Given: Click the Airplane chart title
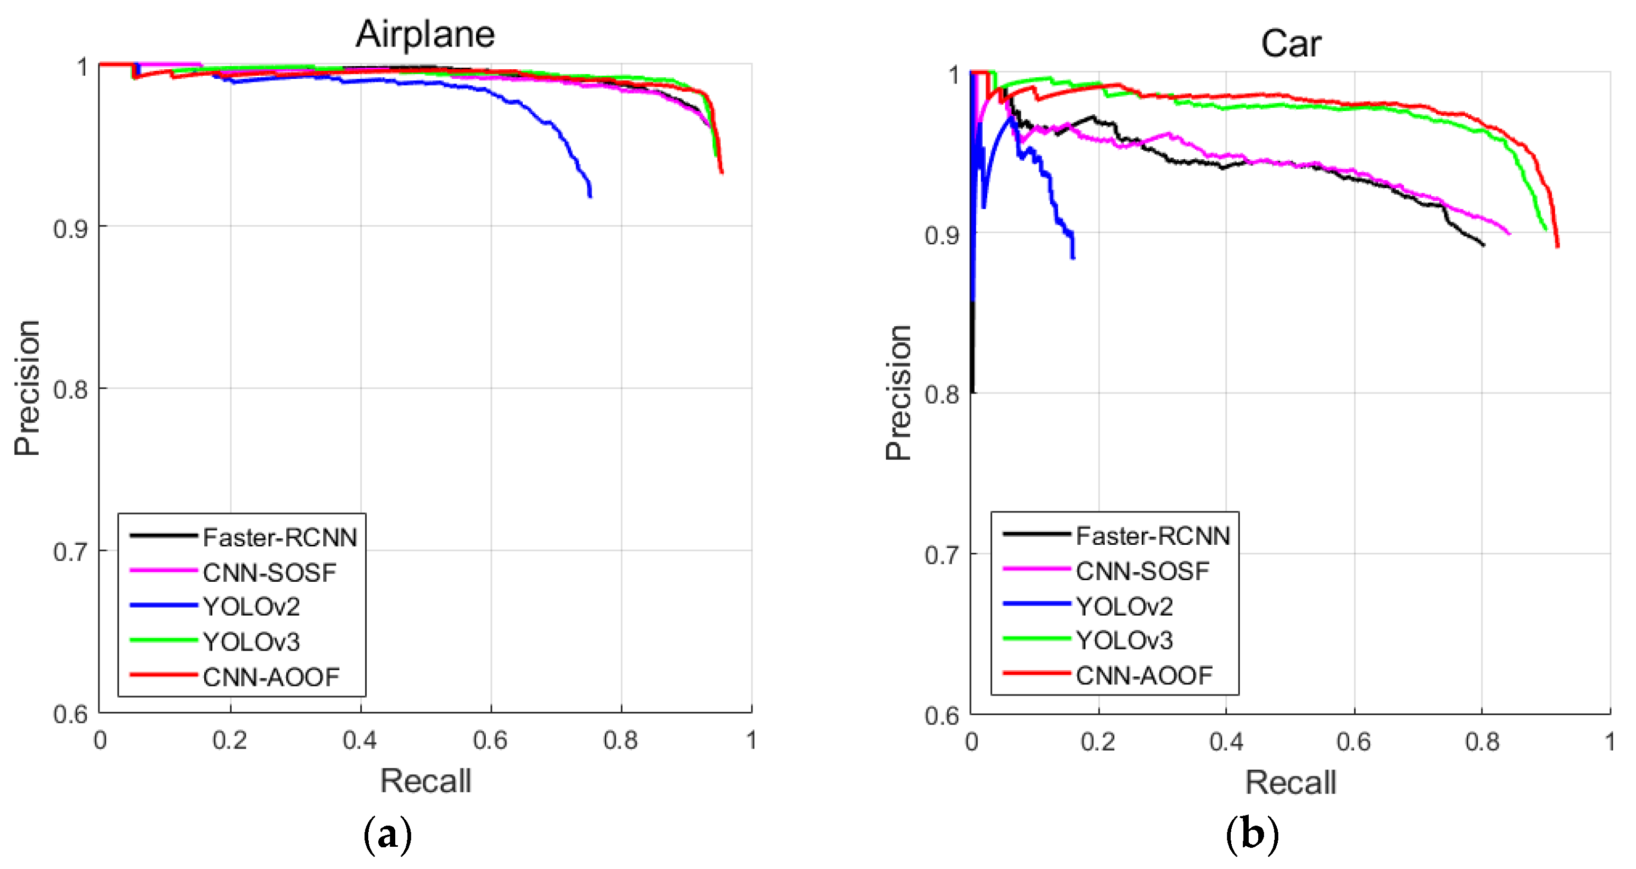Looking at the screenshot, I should pos(425,34).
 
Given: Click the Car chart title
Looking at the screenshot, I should pos(1290,44).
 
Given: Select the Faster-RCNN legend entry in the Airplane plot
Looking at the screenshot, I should pos(279,538).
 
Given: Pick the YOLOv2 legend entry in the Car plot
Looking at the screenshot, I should pos(1124,606).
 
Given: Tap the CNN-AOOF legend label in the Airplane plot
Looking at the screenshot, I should pos(271,678).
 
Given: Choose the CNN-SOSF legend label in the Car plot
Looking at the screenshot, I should pos(1142,571).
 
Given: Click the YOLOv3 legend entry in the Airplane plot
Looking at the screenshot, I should pos(251,642).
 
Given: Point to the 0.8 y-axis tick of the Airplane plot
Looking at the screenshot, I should pos(70,389).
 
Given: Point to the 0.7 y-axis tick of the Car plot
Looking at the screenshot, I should pos(942,555).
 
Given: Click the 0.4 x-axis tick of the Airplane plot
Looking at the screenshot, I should pos(360,740).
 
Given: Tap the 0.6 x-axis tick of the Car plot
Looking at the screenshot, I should pos(1353,742).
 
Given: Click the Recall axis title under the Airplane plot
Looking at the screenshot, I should pos(425,781).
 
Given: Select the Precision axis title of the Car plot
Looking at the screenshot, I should pos(898,392).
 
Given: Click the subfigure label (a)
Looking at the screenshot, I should pos(387,834).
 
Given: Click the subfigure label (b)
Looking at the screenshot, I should pos(1252,834).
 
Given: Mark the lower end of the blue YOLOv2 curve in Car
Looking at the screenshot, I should pos(1073,257).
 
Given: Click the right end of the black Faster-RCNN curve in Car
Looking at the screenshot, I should pos(1483,244).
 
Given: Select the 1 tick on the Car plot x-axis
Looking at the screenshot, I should pos(1610,742).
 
